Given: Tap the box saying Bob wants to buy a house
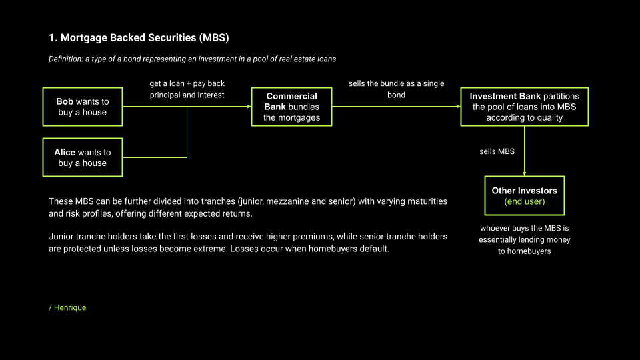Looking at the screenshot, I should [x=83, y=107].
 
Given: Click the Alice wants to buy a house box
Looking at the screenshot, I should [x=83, y=157].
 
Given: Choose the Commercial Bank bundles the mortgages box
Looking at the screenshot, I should [x=291, y=107].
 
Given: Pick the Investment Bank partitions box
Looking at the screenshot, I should [x=524, y=107].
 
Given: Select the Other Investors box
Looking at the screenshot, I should [x=524, y=196].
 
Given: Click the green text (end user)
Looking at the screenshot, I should [x=524, y=202].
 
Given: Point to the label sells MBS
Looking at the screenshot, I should [x=497, y=151].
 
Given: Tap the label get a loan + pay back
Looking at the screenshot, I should [x=187, y=84].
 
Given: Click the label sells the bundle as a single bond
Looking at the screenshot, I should [x=396, y=89].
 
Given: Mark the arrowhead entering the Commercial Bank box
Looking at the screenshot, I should [x=248, y=107].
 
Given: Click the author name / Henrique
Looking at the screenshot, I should [x=67, y=307].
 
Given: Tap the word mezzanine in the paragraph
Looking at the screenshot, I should [x=302, y=201].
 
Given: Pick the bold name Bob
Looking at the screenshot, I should [x=65, y=101].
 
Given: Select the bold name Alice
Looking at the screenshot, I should [x=65, y=152].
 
